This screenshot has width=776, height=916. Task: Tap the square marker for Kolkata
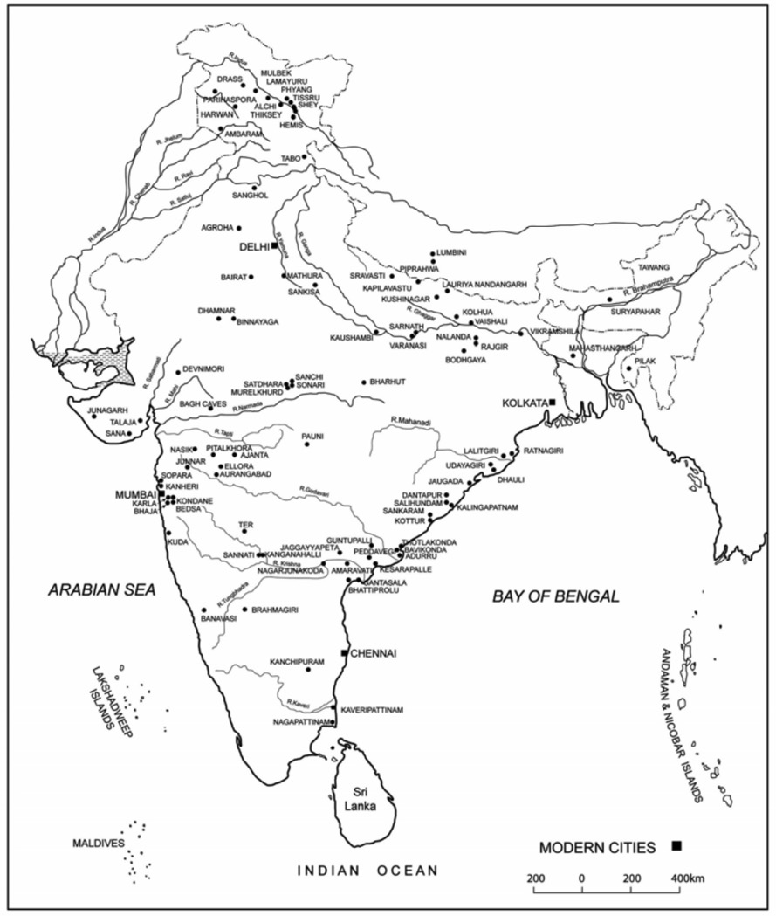pos(552,403)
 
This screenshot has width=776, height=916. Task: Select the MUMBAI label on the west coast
pos(134,494)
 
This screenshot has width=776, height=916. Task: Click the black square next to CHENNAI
pos(345,652)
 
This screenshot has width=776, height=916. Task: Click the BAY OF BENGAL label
pos(555,596)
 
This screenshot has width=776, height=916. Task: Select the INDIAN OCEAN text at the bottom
pos(367,870)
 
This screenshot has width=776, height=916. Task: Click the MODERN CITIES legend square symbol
pos(676,845)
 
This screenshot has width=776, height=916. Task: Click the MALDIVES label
pos(99,844)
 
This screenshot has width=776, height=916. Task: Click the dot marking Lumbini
pos(432,252)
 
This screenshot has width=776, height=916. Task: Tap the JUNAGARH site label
pos(107,410)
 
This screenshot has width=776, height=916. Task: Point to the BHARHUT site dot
pos(364,382)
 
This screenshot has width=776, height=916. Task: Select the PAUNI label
pos(312,434)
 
